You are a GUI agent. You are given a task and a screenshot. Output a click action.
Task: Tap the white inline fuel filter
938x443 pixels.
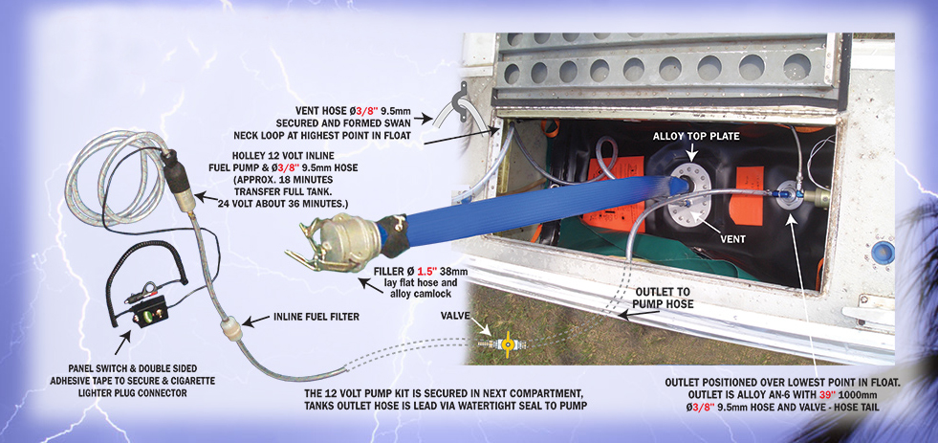point(231,329)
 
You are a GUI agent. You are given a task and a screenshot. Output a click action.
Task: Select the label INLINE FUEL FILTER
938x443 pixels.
point(316,317)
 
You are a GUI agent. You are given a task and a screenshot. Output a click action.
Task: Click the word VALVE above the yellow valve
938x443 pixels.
point(455,316)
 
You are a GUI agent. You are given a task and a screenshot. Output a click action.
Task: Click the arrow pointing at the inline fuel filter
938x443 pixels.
point(255,321)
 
